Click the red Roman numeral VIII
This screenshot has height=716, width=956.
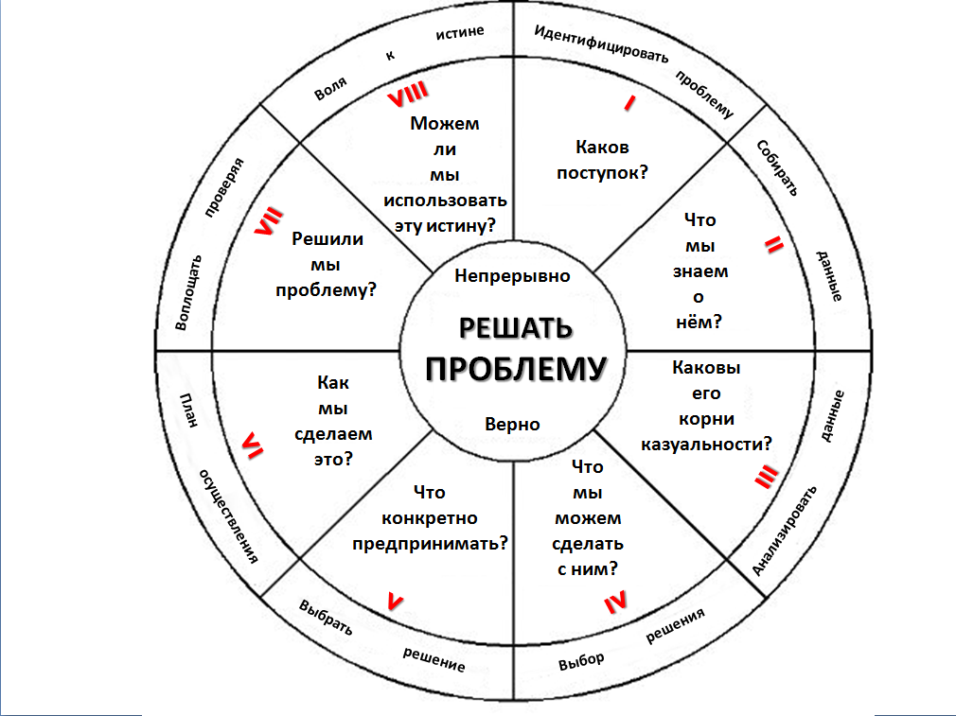(x=408, y=94)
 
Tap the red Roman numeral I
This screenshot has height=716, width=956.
(x=629, y=103)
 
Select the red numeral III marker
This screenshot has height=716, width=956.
(x=766, y=477)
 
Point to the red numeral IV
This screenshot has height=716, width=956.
(x=615, y=602)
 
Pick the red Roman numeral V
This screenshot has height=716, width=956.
(x=395, y=602)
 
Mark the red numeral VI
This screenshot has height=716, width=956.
(x=253, y=445)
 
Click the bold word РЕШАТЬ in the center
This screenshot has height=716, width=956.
(x=516, y=328)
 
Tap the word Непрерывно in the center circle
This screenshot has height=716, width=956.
(x=512, y=276)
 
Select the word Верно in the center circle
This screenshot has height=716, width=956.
(x=512, y=424)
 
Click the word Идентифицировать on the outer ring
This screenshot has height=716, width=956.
(x=601, y=44)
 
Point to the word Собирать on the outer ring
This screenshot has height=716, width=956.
(x=777, y=168)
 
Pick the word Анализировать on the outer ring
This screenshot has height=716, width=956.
(x=784, y=531)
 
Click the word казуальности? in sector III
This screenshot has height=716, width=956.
(x=706, y=445)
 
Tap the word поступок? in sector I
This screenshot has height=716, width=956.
(x=602, y=173)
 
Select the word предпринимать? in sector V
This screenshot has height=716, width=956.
(x=430, y=544)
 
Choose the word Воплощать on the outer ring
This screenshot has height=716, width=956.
(x=188, y=292)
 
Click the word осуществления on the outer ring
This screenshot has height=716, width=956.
(x=229, y=516)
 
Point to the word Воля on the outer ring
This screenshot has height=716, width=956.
(x=330, y=88)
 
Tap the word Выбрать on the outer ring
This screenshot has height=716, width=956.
(x=326, y=618)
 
